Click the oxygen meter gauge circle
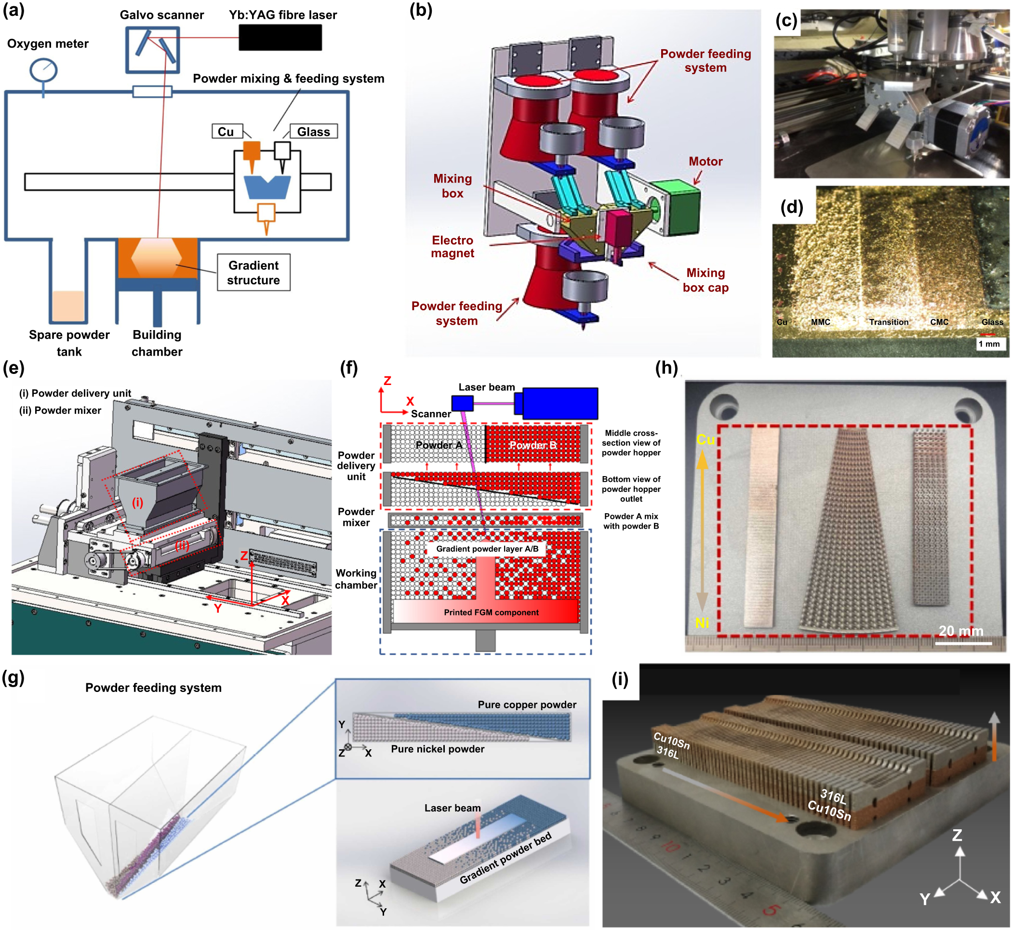(x=43, y=70)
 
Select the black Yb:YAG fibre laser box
(x=280, y=38)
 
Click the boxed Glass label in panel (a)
(x=313, y=132)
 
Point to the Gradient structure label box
(x=253, y=272)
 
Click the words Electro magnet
(x=452, y=247)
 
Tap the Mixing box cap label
(x=705, y=280)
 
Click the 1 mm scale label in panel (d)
(x=989, y=344)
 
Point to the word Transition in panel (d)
(x=888, y=322)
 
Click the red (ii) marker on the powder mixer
(x=182, y=545)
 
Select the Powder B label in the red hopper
(x=533, y=445)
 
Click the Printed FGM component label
(x=491, y=612)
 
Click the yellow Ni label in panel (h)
(x=702, y=623)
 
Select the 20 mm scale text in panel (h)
(x=960, y=631)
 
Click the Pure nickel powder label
(x=437, y=749)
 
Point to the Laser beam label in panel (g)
(x=452, y=808)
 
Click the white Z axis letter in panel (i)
(x=957, y=836)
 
